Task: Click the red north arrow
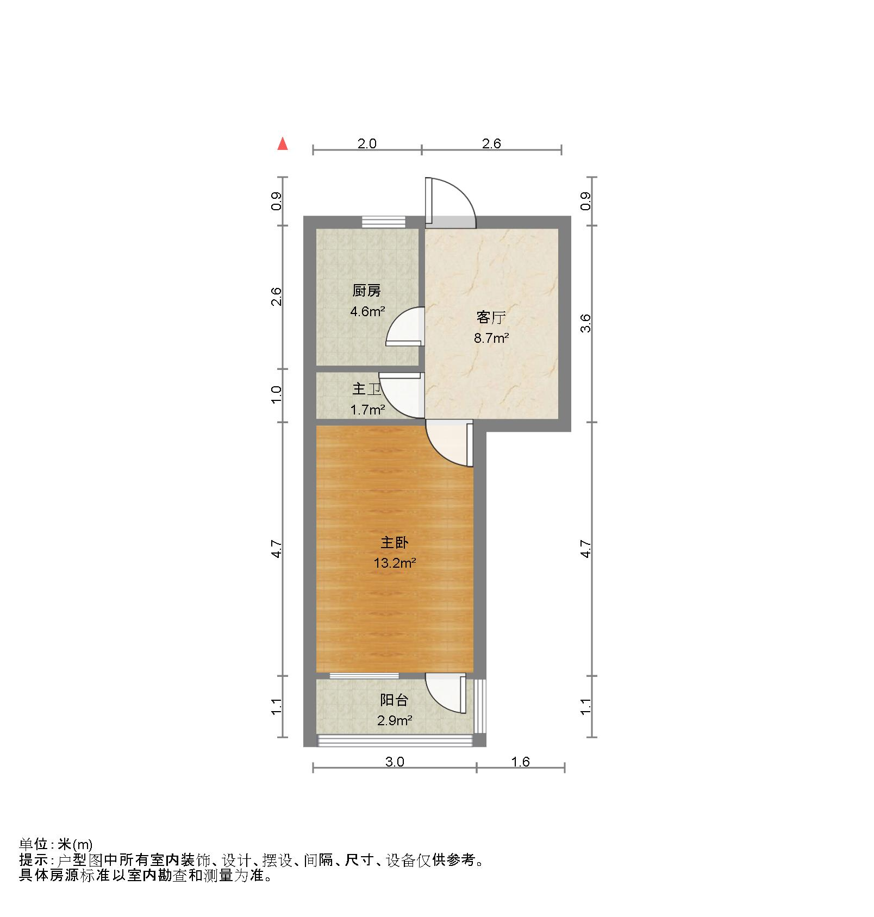pyautogui.click(x=282, y=144)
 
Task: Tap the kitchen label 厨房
pyautogui.click(x=366, y=291)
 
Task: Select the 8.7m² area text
pyautogui.click(x=491, y=338)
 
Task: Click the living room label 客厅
pyautogui.click(x=491, y=317)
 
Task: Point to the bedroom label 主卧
pyautogui.click(x=395, y=543)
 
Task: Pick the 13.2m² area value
pyautogui.click(x=395, y=563)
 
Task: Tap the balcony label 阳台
pyautogui.click(x=394, y=700)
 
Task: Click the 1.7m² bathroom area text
pyautogui.click(x=368, y=410)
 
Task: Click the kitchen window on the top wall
pyautogui.click(x=384, y=222)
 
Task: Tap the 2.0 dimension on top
pyautogui.click(x=367, y=143)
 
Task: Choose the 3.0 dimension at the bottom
pyautogui.click(x=395, y=762)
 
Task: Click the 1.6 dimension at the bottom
pyautogui.click(x=520, y=762)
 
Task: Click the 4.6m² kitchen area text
pyautogui.click(x=368, y=312)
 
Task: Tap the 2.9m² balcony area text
pyautogui.click(x=395, y=721)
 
